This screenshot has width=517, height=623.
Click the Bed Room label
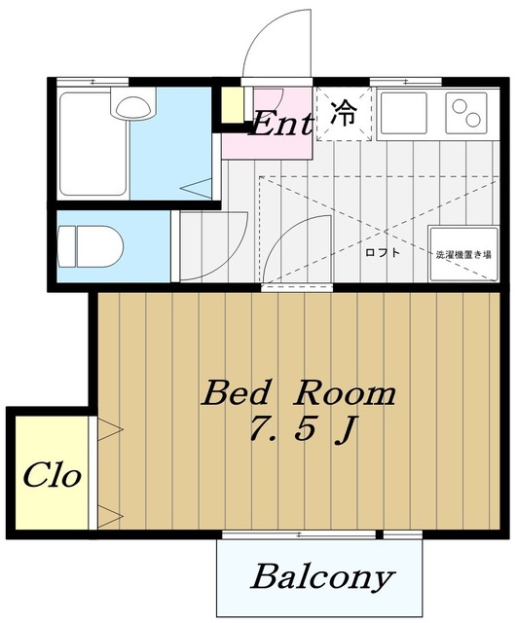[299, 393]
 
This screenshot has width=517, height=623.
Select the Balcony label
[322, 577]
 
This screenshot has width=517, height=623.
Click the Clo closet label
[52, 474]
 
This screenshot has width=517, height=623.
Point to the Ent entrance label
[281, 124]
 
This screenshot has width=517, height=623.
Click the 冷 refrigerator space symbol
[344, 113]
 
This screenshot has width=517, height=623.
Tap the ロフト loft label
[383, 253]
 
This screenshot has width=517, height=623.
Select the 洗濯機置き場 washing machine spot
[463, 254]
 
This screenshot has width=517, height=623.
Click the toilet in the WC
[91, 246]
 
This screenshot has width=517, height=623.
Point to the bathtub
[93, 144]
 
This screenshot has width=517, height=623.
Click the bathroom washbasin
[132, 104]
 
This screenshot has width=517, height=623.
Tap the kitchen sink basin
[404, 113]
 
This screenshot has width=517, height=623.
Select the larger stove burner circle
[473, 120]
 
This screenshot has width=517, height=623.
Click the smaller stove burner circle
[459, 106]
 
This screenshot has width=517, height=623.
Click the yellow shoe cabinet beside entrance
[232, 104]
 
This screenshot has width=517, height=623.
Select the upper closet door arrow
[110, 429]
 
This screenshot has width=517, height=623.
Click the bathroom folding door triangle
[197, 188]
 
